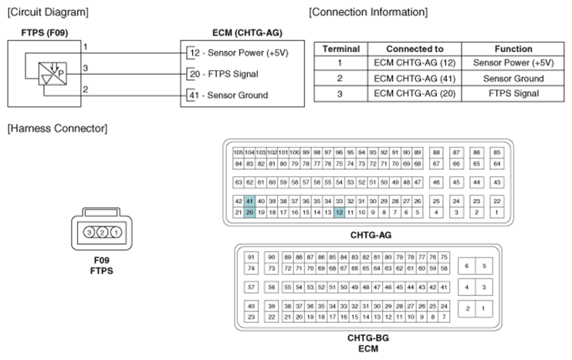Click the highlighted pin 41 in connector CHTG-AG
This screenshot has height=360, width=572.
click(249, 201)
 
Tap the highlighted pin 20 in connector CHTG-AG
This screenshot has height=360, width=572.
click(249, 212)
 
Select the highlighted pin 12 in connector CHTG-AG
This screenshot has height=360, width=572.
click(339, 212)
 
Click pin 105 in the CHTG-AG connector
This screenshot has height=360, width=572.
click(239, 152)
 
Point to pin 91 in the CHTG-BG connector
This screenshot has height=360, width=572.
click(251, 257)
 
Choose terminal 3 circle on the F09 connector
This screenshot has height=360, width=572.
click(89, 233)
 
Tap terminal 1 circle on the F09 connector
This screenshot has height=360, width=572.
click(116, 233)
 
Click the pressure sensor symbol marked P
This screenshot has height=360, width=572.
click(53, 73)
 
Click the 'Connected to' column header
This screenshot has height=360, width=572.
click(415, 49)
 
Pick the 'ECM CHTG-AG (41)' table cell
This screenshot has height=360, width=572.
click(415, 79)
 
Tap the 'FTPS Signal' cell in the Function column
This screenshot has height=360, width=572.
click(513, 93)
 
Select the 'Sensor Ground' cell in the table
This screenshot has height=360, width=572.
click(513, 79)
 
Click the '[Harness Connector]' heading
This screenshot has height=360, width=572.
click(57, 128)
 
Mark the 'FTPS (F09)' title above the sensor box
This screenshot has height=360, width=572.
click(45, 33)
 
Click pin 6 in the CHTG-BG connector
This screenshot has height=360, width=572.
click(466, 267)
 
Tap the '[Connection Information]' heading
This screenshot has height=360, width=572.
click(368, 12)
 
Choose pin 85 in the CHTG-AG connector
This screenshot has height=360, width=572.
click(497, 152)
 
